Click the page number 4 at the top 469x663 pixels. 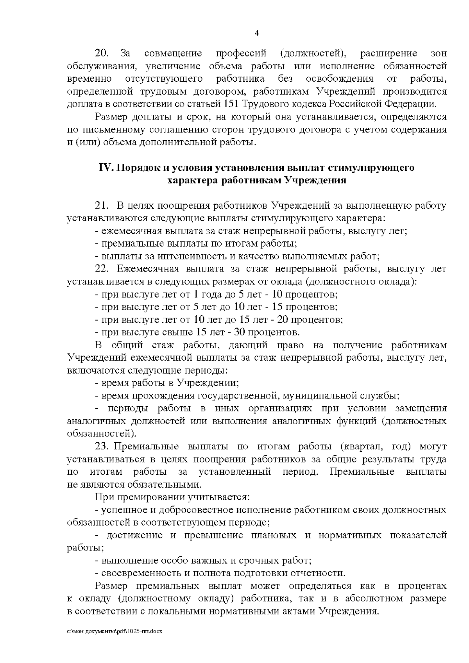(257, 33)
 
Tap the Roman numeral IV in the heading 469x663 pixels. (106, 168)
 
